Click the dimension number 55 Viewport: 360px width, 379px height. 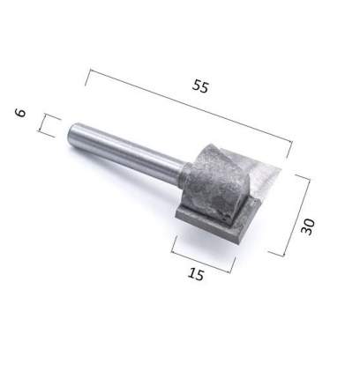click(x=200, y=86)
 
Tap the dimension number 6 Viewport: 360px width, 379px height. click(x=20, y=113)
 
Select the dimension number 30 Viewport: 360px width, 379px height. click(x=308, y=227)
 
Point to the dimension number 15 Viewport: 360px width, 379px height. click(x=196, y=274)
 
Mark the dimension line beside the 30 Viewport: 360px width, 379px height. click(x=296, y=215)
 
